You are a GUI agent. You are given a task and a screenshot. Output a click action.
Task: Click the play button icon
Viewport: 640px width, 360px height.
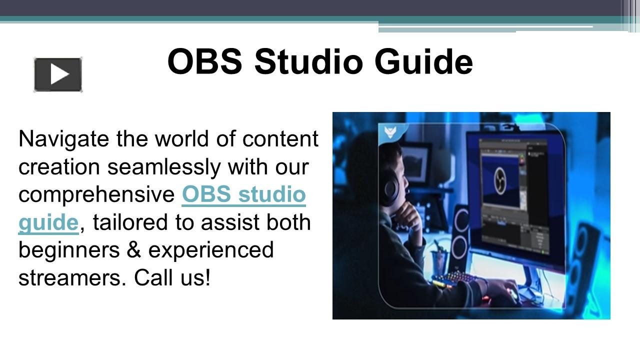click(58, 75)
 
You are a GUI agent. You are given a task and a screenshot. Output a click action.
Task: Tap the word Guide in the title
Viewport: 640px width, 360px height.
click(423, 61)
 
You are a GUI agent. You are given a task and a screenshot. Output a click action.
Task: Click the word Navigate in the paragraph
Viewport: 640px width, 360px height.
click(63, 139)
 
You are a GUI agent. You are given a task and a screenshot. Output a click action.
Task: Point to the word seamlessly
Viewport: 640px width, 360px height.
click(163, 167)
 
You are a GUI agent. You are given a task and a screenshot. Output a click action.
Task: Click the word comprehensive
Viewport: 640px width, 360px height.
click(96, 195)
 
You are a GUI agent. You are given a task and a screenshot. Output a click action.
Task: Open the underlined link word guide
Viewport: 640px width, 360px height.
click(48, 223)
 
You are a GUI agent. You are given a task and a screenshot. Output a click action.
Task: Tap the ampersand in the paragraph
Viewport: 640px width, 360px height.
click(134, 250)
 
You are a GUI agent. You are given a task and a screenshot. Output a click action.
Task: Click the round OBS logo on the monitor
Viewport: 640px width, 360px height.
click(500, 180)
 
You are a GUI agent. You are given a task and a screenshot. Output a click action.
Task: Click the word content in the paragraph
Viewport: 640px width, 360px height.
click(280, 139)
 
